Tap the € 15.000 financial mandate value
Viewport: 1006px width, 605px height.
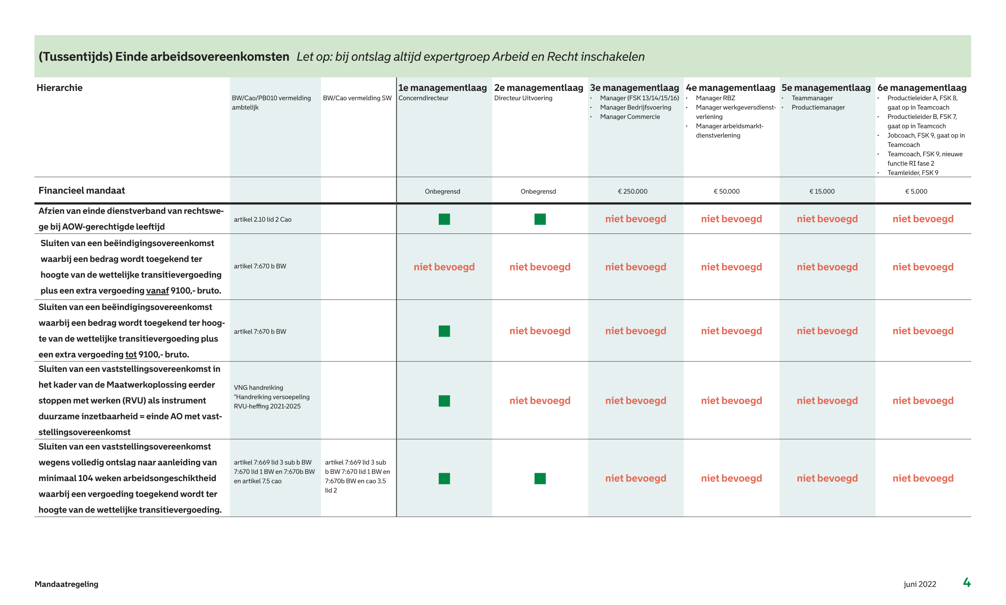(x=821, y=191)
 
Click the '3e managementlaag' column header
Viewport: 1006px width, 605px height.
(x=634, y=88)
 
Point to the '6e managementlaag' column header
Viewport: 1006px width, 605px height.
(x=921, y=88)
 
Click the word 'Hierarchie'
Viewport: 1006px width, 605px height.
(x=60, y=88)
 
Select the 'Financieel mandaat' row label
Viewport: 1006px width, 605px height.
(x=81, y=190)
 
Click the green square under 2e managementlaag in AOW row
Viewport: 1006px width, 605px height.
(x=540, y=220)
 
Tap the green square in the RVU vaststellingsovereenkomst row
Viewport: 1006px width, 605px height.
(x=444, y=401)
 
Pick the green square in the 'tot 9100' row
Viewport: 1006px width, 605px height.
(x=444, y=331)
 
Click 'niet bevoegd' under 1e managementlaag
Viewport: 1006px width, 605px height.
(x=444, y=267)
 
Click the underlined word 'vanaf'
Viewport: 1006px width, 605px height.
(x=157, y=291)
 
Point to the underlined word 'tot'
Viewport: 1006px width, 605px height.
(x=131, y=355)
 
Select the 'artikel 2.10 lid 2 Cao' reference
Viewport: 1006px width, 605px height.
(x=262, y=220)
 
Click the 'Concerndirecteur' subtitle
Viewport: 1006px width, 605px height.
(x=423, y=98)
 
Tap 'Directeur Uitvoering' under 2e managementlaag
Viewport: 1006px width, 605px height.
(x=523, y=98)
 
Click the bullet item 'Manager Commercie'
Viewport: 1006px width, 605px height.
(x=630, y=117)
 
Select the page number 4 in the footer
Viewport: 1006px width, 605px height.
(x=967, y=583)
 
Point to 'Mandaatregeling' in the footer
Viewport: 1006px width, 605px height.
(x=66, y=584)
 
